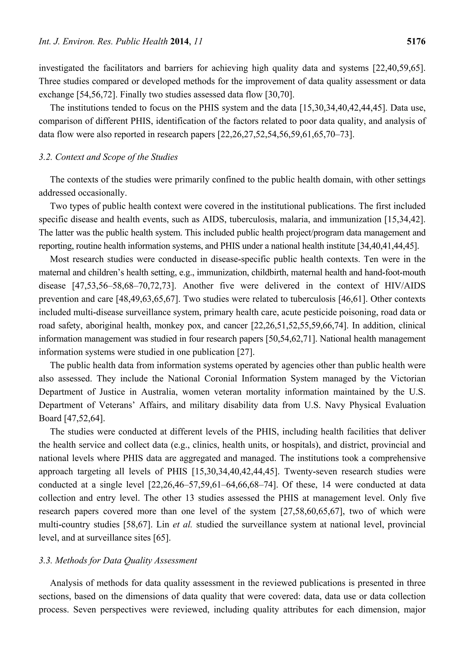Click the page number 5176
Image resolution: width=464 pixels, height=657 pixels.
point(416,42)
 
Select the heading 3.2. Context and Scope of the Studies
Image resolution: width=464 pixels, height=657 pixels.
point(108,157)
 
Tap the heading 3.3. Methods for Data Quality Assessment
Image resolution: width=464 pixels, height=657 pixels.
point(118,560)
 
